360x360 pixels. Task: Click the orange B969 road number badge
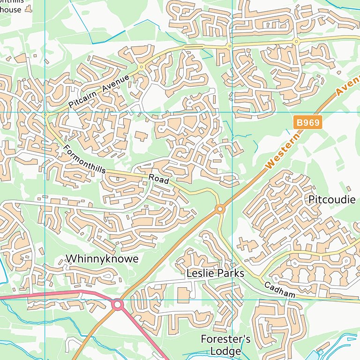[x=308, y=123]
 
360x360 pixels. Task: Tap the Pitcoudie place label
[x=332, y=200]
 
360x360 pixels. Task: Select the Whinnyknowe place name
[x=102, y=259]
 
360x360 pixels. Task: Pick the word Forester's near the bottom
[x=225, y=339]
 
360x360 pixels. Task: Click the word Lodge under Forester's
[x=225, y=351]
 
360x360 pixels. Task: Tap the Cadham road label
[x=279, y=291]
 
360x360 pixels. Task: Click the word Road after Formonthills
[x=158, y=179]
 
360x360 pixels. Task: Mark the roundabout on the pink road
[x=117, y=305]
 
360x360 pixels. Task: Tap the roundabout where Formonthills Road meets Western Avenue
[x=219, y=209]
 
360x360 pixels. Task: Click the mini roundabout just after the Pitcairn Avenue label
[x=141, y=67]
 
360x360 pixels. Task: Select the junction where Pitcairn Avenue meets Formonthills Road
[x=45, y=114]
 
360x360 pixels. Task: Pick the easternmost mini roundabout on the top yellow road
[x=296, y=42]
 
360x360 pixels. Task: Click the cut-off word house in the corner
[x=11, y=9]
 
